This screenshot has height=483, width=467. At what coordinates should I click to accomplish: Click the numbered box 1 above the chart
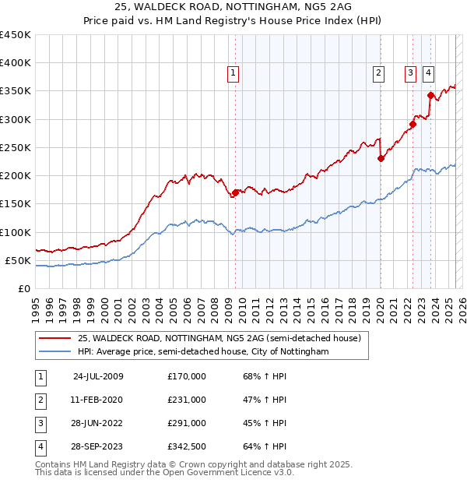click(x=233, y=74)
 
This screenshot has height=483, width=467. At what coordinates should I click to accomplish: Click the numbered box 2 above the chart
click(x=378, y=74)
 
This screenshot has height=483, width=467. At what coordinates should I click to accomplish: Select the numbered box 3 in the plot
click(x=410, y=74)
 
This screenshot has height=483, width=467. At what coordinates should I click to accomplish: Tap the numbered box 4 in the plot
click(x=428, y=74)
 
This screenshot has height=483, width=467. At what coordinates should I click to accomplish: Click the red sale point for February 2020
click(x=381, y=158)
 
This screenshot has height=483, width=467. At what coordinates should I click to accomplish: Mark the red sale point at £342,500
click(x=430, y=96)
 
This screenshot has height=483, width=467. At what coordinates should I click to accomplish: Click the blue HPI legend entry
click(x=203, y=352)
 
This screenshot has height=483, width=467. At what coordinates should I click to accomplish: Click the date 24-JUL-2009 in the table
click(x=98, y=376)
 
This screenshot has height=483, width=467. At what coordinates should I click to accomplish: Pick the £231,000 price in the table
click(x=187, y=400)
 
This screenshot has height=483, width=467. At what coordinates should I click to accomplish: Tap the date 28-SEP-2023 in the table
click(x=98, y=446)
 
